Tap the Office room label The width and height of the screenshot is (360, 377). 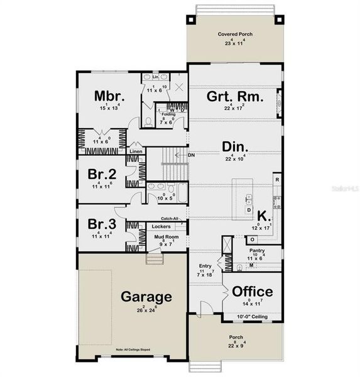point(253,292)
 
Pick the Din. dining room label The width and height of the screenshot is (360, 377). point(236,147)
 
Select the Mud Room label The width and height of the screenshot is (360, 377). point(166,237)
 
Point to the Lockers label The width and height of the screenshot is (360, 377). point(161,226)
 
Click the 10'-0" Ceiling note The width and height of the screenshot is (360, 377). point(252,316)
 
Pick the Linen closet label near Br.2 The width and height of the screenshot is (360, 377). point(136,151)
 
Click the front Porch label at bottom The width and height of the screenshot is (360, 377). point(235,337)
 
